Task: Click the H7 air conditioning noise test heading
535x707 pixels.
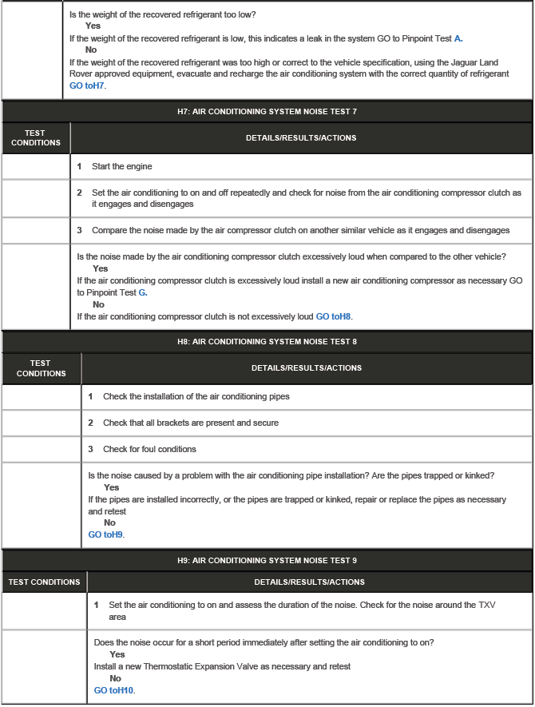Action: click(267, 111)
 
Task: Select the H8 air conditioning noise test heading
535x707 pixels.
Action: click(267, 342)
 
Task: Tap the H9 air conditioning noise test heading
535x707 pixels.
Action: click(267, 561)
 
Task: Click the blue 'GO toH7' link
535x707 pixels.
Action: click(87, 85)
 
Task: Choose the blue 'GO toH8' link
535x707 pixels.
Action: click(333, 316)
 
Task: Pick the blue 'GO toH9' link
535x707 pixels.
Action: click(106, 534)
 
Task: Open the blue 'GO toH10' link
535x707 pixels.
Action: click(114, 690)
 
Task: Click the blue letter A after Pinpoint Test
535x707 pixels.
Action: click(458, 38)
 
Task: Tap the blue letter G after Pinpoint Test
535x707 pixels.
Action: click(142, 292)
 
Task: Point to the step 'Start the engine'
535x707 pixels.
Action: click(121, 166)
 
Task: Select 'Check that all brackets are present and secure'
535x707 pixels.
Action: click(191, 423)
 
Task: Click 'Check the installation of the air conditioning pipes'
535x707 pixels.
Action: click(196, 396)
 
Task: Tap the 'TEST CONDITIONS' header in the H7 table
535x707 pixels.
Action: click(35, 137)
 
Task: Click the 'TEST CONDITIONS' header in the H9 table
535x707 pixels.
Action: click(44, 582)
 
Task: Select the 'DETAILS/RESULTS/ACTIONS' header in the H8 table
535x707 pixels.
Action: click(306, 368)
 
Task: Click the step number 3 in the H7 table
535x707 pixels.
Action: click(80, 230)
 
